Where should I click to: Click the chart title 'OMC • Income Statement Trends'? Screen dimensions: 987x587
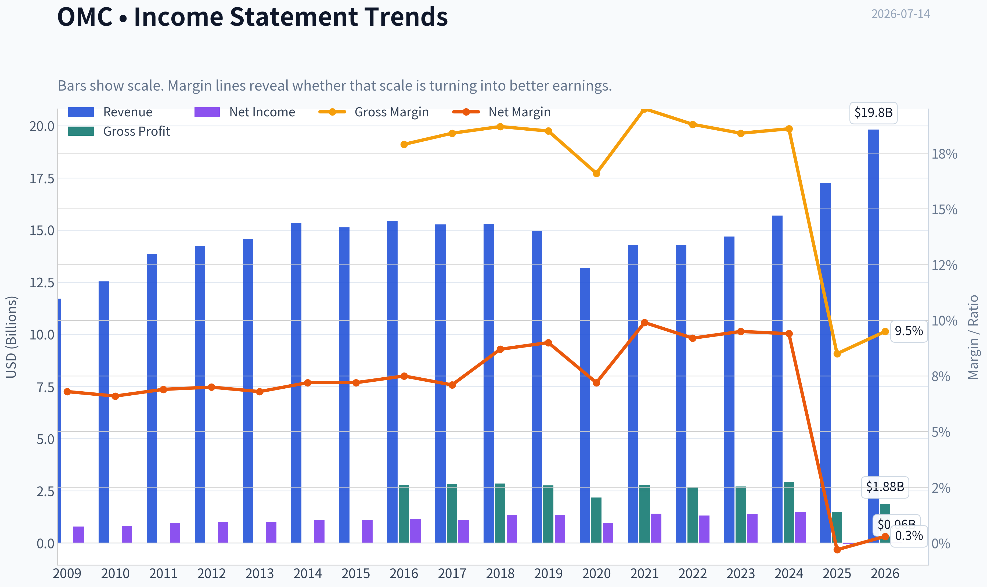pyautogui.click(x=253, y=17)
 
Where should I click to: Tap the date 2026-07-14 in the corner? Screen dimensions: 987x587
pyautogui.click(x=900, y=14)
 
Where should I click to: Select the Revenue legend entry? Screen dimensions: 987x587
pyautogui.click(x=110, y=112)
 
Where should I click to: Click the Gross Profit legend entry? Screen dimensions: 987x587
pyautogui.click(x=119, y=131)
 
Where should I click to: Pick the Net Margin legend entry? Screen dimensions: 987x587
pyautogui.click(x=502, y=112)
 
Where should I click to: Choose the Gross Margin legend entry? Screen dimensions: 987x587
pyautogui.click(x=374, y=112)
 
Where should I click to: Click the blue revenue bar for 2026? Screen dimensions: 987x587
pyautogui.click(x=874, y=336)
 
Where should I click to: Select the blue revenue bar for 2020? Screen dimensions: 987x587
pyautogui.click(x=585, y=405)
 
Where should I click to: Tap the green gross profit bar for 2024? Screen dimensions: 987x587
pyautogui.click(x=788, y=513)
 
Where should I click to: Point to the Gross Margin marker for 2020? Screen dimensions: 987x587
pyautogui.click(x=596, y=173)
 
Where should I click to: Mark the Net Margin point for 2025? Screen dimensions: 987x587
pyautogui.click(x=837, y=549)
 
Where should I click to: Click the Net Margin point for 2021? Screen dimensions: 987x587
pyautogui.click(x=644, y=322)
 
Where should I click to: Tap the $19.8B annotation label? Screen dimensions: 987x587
pyautogui.click(x=874, y=113)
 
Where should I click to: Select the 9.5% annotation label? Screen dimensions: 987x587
pyautogui.click(x=909, y=331)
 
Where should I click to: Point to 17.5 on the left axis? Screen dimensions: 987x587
pyautogui.click(x=42, y=179)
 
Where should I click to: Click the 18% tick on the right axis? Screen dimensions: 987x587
pyautogui.click(x=944, y=154)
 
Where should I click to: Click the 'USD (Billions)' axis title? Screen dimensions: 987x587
pyautogui.click(x=12, y=337)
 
